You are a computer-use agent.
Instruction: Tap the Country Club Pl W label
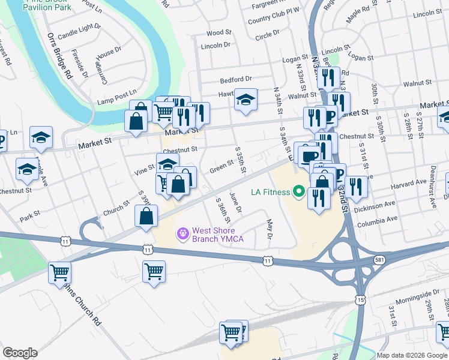pyautogui.click(x=273, y=19)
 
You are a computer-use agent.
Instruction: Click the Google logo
pyautogui.click(x=20, y=353)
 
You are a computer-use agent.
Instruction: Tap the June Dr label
pyautogui.click(x=235, y=202)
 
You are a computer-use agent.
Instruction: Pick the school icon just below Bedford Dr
pyautogui.click(x=245, y=100)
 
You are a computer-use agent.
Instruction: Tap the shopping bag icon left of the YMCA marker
pyautogui.click(x=146, y=217)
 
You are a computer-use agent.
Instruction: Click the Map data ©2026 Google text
pyautogui.click(x=412, y=355)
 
